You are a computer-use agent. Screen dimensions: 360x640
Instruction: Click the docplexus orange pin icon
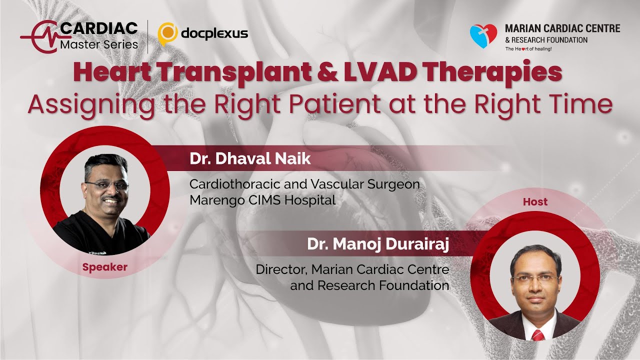click(x=167, y=33)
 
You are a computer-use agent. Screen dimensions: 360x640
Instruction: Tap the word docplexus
click(x=214, y=33)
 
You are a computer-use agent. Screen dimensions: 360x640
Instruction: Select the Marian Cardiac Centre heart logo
click(x=483, y=36)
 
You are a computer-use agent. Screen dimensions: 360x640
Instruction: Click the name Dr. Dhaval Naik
click(x=250, y=159)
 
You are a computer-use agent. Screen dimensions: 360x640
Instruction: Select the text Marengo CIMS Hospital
click(x=262, y=200)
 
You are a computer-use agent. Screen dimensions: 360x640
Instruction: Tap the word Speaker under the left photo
click(x=105, y=267)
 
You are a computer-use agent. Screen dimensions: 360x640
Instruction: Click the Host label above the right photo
click(x=535, y=202)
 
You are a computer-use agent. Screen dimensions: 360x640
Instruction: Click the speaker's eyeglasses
click(x=106, y=185)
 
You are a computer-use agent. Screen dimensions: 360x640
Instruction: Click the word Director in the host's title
click(x=281, y=269)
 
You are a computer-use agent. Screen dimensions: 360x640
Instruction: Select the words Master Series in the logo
click(x=98, y=44)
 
